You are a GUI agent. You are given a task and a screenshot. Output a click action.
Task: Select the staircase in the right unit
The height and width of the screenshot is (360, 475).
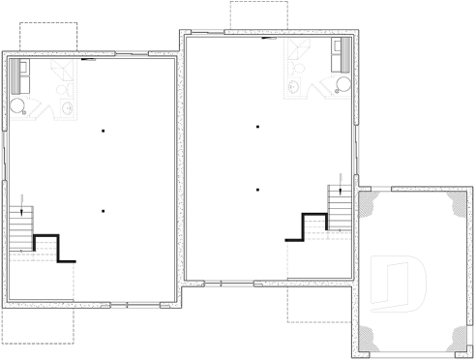(340, 207)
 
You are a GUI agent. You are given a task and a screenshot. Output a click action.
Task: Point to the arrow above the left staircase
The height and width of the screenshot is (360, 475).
(21, 199)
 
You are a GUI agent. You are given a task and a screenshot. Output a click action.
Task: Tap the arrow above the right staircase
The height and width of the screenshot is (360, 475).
(341, 177)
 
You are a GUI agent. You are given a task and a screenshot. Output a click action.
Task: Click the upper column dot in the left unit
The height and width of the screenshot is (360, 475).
(102, 130)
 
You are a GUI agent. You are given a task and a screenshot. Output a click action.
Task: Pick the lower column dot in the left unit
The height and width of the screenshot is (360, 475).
(102, 210)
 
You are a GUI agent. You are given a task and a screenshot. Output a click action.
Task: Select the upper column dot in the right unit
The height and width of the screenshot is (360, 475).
(258, 127)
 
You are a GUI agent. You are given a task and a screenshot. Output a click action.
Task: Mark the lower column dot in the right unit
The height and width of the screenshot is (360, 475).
(258, 190)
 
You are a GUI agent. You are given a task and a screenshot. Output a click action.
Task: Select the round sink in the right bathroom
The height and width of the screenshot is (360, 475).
(294, 87)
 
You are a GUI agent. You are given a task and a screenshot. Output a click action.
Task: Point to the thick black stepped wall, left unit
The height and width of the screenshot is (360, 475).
(53, 248)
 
